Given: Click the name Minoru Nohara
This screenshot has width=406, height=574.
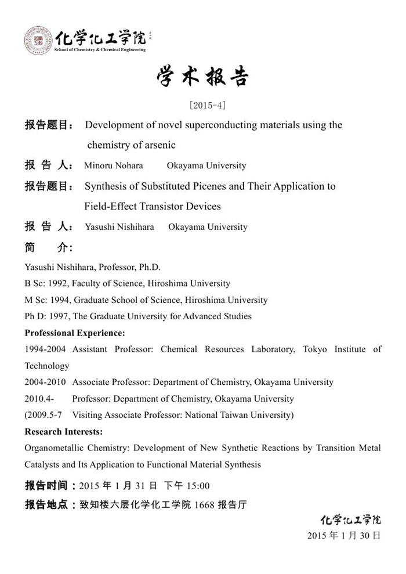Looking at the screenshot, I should point(114,165).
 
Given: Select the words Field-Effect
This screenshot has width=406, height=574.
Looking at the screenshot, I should point(110,206).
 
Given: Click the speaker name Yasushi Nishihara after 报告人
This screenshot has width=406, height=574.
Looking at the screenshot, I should point(119,227).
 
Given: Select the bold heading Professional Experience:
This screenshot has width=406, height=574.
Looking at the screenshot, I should point(74,333).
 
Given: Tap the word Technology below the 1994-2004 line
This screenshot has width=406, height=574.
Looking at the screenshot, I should point(47,366).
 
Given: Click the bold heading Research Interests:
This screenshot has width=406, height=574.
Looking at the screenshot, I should point(64,431).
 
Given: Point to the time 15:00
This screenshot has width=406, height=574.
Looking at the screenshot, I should point(197,486).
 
